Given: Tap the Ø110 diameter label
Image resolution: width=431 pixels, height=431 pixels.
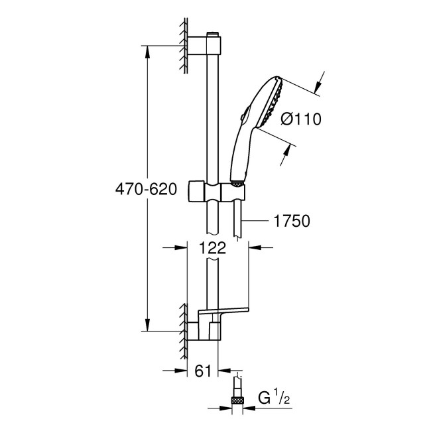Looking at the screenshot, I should (x=300, y=119).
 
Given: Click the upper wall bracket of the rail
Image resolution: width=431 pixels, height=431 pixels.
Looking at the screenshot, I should (x=206, y=46).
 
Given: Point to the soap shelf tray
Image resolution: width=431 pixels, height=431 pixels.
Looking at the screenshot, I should (x=224, y=311).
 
